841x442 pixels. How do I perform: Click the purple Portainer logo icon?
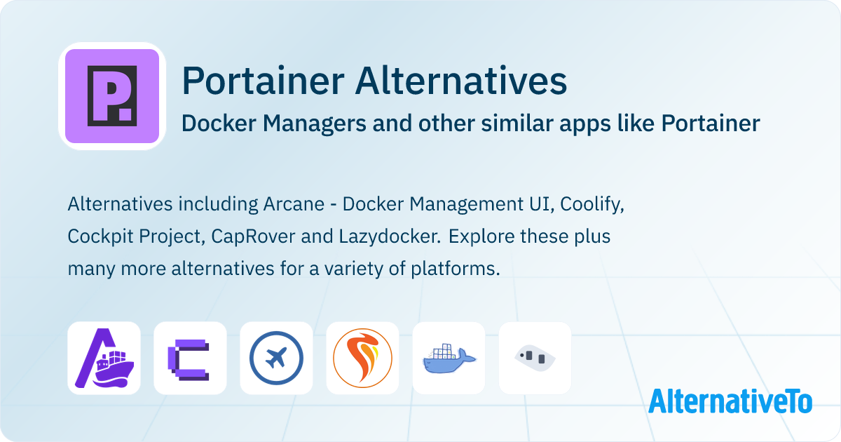[112, 96]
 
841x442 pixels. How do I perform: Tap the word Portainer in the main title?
[263, 81]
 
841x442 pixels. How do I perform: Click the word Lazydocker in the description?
[384, 236]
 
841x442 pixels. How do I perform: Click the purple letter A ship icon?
[104, 358]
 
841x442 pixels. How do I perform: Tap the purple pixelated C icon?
[190, 358]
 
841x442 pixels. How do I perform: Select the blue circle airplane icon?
[276, 358]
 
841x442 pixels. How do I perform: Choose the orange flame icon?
[362, 358]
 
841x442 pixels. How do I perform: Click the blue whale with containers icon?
[449, 358]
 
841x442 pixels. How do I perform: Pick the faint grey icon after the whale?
[535, 358]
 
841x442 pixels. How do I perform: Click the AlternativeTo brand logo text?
[730, 401]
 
